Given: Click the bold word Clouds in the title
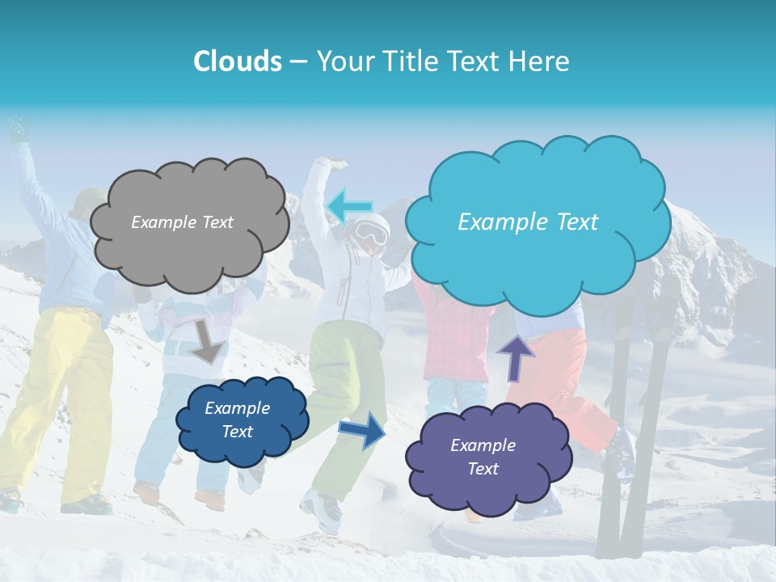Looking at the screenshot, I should pos(238,61).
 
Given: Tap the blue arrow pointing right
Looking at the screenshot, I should pos(362,429).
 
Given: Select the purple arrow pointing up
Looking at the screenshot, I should pos(515,356).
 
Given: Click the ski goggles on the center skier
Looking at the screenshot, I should pos(371,234).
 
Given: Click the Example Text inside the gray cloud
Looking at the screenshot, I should pos(182,222).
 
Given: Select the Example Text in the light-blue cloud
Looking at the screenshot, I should pos(528,222).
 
